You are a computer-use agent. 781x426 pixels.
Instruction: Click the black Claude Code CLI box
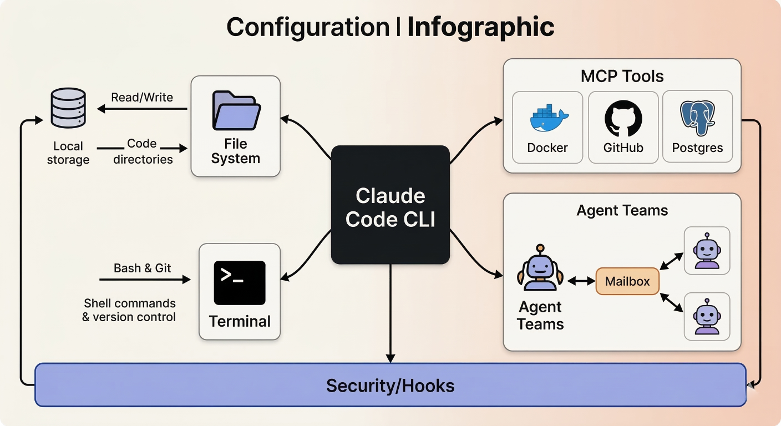point(390,205)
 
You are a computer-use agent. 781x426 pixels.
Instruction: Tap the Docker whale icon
point(547,118)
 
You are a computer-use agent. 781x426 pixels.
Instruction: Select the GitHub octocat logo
point(623,118)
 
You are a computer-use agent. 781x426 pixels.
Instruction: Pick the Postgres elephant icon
point(697,118)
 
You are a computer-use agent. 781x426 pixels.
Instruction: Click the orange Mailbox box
point(627,281)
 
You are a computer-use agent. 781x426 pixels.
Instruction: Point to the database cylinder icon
point(68,108)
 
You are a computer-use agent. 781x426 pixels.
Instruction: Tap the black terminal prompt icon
point(240,282)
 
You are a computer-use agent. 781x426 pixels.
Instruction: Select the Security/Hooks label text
point(390,386)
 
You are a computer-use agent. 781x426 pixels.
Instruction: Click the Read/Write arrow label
point(142,98)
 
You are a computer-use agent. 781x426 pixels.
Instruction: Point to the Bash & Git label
point(143,268)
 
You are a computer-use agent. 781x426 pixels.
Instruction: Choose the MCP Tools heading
point(622,76)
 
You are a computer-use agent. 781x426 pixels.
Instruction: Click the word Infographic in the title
point(481,27)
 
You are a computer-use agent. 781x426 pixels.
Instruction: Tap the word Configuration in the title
point(308,27)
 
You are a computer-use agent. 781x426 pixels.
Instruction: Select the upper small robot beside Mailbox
point(707,250)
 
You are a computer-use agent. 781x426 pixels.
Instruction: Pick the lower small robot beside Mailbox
point(707,317)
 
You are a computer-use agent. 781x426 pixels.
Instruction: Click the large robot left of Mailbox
point(540,268)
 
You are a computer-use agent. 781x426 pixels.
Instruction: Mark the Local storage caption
point(68,153)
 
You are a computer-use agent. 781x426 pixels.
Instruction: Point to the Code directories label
point(143,151)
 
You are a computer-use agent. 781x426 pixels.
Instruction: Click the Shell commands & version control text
point(129,311)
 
